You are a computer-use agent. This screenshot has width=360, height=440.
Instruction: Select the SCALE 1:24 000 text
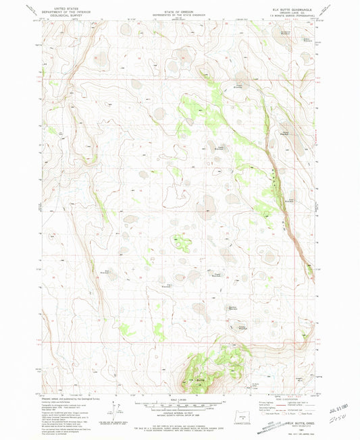(179, 399)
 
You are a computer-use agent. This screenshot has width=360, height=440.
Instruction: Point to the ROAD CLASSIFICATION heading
(289, 399)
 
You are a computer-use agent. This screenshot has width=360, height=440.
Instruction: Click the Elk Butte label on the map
(201, 381)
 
